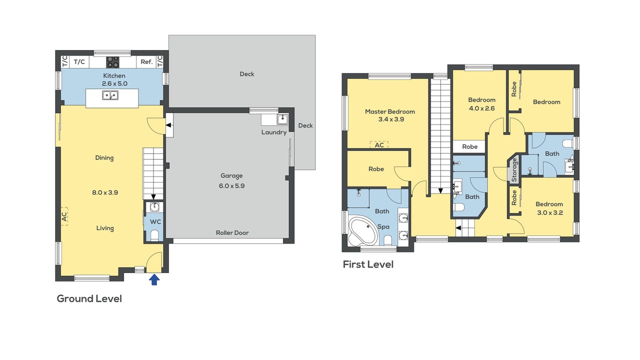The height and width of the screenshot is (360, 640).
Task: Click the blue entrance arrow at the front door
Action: tap(154, 279)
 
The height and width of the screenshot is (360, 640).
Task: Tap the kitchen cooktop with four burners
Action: tap(112, 62)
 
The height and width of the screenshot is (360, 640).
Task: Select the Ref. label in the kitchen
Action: tap(146, 61)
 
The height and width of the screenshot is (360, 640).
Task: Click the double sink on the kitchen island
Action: tap(110, 95)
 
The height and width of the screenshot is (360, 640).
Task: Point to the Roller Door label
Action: tap(232, 233)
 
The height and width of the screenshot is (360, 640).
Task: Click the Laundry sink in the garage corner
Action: tap(282, 119)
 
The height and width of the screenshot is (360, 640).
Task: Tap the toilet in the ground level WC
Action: tap(154, 235)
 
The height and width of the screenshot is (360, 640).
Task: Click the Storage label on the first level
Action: tap(514, 169)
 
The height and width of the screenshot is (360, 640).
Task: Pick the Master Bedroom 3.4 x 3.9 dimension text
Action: tap(391, 119)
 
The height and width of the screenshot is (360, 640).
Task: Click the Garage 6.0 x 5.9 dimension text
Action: tap(231, 185)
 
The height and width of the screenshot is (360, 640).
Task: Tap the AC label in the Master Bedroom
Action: tap(379, 145)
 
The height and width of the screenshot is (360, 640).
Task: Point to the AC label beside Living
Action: tap(64, 216)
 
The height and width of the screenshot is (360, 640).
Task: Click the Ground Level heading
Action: tap(89, 298)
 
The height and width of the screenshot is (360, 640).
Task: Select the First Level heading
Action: tap(368, 264)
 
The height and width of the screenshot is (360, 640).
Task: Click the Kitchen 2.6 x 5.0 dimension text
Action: tap(114, 83)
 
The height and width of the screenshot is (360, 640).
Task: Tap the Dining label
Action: tap(104, 158)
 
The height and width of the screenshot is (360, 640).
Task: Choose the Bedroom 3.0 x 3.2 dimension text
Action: tap(550, 212)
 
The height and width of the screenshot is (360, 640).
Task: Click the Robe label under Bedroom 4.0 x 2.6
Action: tap(469, 146)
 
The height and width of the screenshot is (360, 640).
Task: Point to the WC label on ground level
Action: tap(155, 221)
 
